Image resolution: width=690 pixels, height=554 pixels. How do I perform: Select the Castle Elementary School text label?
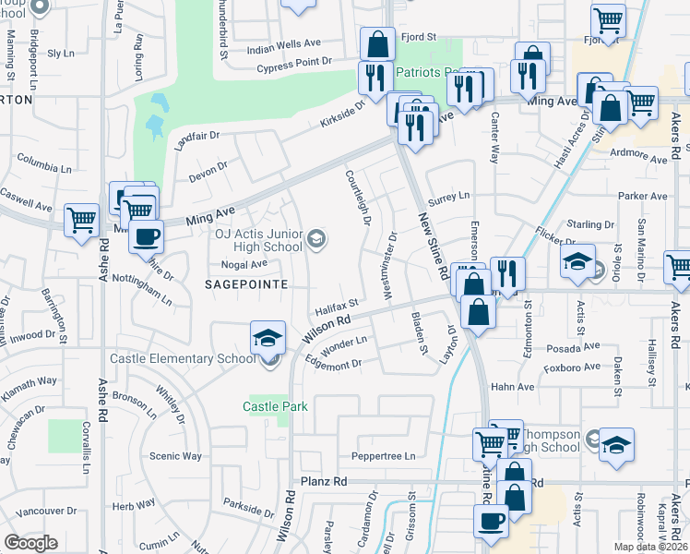click(180, 358)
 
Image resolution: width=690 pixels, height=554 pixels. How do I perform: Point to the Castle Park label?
click(275, 406)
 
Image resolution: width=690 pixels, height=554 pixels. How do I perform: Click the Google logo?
click(30, 543)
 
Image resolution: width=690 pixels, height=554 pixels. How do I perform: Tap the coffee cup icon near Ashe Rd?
click(146, 236)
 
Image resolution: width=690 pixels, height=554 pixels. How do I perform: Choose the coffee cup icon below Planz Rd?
click(491, 521)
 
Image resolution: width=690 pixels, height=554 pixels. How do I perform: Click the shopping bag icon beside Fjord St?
click(377, 42)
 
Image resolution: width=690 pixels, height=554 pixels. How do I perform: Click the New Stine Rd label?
click(432, 246)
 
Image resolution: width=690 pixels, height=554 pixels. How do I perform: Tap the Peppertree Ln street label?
click(383, 456)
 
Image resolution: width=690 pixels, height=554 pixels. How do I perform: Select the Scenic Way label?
click(175, 456)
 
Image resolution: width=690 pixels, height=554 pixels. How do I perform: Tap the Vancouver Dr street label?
click(46, 511)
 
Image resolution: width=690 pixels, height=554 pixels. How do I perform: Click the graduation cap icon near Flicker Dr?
click(577, 262)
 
